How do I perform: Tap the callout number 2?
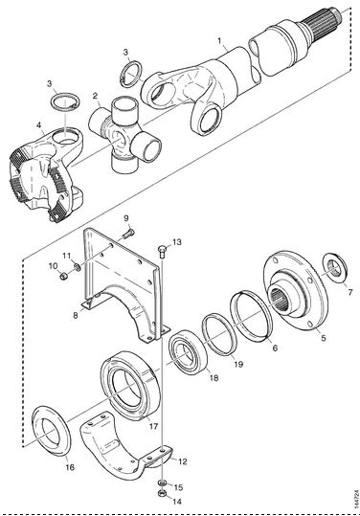(x=95, y=96)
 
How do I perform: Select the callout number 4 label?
(x=39, y=125)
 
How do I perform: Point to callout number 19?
(x=238, y=364)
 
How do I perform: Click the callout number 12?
(x=183, y=461)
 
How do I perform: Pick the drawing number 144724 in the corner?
(x=355, y=500)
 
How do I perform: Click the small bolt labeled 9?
(x=128, y=234)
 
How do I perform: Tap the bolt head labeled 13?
(x=163, y=250)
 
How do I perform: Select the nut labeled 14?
(x=162, y=494)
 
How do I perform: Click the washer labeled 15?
(x=162, y=483)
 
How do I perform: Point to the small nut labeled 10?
(x=64, y=276)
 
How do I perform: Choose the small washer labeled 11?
(x=78, y=267)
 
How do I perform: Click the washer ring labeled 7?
(x=334, y=268)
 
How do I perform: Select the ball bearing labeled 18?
(x=188, y=352)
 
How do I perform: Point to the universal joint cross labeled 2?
(x=125, y=135)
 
